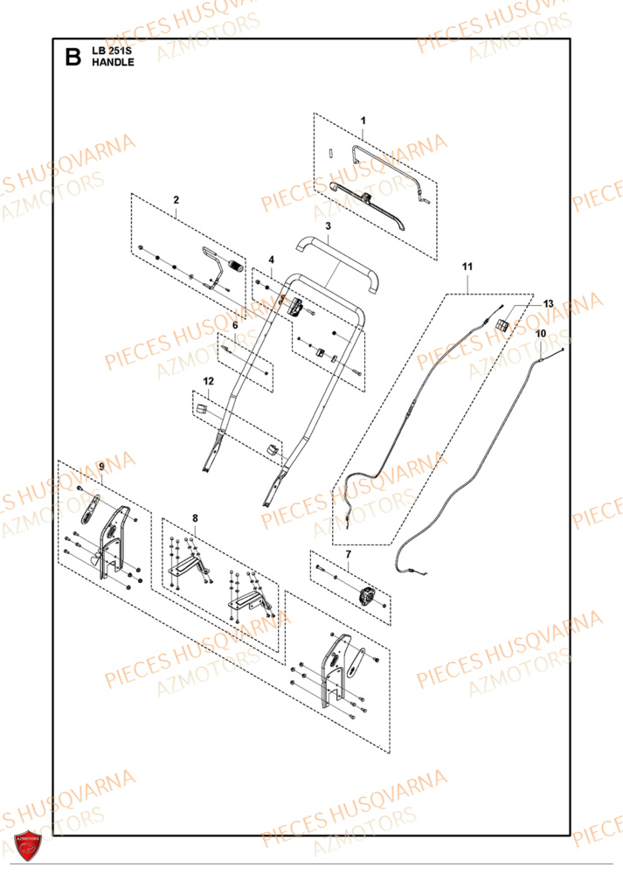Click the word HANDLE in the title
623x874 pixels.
click(x=113, y=64)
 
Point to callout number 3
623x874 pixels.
click(x=327, y=225)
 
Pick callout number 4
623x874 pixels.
click(x=271, y=260)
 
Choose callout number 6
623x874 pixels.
click(x=234, y=324)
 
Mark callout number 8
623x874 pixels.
click(x=195, y=518)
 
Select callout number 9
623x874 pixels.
click(x=101, y=468)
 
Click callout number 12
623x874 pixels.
click(x=208, y=381)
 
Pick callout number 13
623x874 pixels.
click(x=549, y=303)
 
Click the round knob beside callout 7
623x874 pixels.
click(x=367, y=597)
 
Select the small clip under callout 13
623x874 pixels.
click(x=502, y=324)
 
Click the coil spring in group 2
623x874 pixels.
click(x=234, y=266)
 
